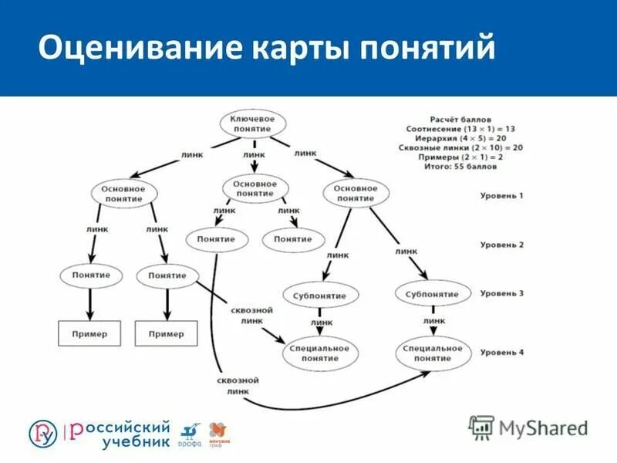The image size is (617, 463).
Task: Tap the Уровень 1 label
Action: [x=501, y=196]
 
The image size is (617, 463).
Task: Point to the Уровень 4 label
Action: [x=501, y=353]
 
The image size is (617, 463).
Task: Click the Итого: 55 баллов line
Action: [x=461, y=166]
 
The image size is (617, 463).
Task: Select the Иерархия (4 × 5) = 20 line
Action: [x=461, y=137]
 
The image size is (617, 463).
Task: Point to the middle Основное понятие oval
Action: [x=255, y=189]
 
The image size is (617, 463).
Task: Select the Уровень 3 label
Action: [x=501, y=294]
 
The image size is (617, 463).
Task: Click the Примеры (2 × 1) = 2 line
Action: [x=461, y=156]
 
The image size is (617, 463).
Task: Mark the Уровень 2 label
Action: [x=501, y=245]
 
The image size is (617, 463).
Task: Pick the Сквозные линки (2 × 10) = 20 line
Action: [x=461, y=147]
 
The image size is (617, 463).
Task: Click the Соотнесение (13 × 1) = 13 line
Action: [x=461, y=127]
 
